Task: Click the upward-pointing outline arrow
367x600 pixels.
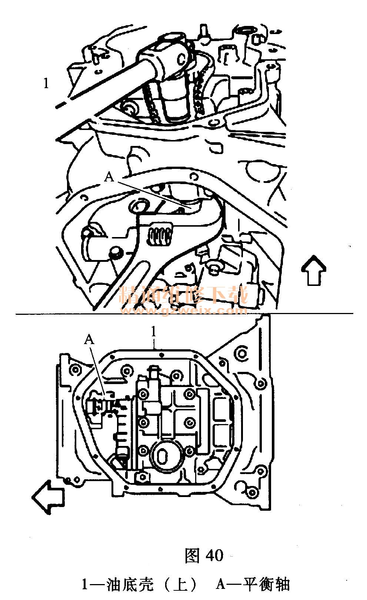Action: tap(313, 270)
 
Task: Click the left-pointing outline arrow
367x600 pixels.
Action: tap(48, 497)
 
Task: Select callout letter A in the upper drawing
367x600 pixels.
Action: tap(109, 177)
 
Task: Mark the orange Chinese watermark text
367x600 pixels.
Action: tap(184, 295)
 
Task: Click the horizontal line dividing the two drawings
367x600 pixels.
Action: tap(184, 313)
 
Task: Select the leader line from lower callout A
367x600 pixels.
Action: tap(98, 370)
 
